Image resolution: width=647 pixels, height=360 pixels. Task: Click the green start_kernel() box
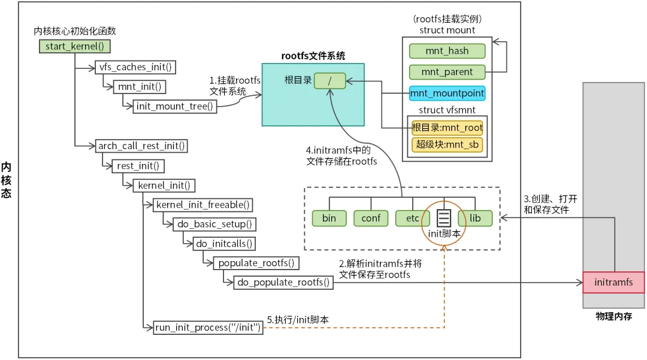click(x=75, y=46)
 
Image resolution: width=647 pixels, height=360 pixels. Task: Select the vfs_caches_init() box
click(x=136, y=66)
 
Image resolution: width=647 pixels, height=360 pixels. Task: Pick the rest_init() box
click(x=138, y=165)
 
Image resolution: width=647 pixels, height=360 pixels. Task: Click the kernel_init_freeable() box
click(x=203, y=205)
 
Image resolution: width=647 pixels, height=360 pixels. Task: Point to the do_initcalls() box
click(x=223, y=244)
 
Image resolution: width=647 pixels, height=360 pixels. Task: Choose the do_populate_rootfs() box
click(x=283, y=282)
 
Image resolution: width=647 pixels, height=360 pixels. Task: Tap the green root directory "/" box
click(x=329, y=80)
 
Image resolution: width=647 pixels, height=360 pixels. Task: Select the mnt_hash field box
click(x=447, y=52)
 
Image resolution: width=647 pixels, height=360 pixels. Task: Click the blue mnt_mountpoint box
click(x=447, y=93)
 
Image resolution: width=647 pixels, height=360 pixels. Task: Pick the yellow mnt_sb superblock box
click(x=447, y=145)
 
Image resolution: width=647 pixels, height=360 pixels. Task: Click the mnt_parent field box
click(x=447, y=72)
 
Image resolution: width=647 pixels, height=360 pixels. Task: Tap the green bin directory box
click(x=329, y=218)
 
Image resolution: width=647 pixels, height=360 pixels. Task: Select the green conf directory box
click(x=371, y=218)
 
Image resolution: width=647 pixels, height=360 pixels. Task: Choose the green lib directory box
click(x=475, y=218)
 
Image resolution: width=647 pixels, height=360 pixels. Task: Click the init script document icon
click(x=443, y=217)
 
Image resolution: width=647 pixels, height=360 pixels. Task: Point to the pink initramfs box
click(x=613, y=282)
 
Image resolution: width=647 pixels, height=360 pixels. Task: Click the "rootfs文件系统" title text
click(x=313, y=56)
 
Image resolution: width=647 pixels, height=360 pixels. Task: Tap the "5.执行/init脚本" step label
click(x=298, y=320)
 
